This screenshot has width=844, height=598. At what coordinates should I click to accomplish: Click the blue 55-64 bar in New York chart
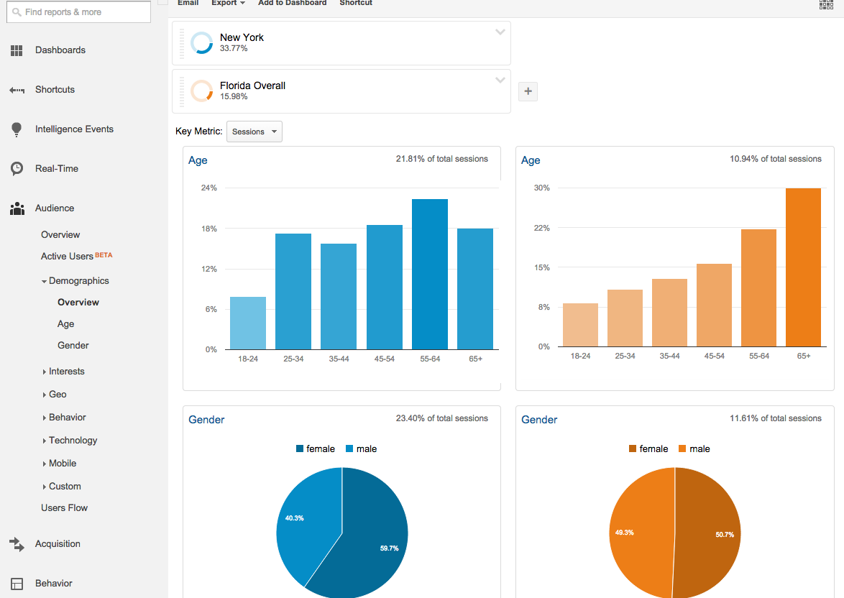tap(429, 274)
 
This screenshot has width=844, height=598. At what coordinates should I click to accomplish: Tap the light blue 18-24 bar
tap(248, 323)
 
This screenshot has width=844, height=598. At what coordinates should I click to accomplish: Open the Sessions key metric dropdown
tap(254, 132)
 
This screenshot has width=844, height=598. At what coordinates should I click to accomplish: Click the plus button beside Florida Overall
tap(528, 91)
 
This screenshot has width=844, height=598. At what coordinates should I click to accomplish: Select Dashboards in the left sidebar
tap(60, 50)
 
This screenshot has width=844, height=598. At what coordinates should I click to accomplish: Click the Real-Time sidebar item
tap(57, 169)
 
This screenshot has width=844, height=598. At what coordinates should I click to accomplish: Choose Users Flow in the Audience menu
tap(64, 507)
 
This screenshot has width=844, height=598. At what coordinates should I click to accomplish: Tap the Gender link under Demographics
tap(73, 346)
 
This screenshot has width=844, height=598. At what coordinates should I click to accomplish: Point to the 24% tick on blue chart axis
tap(209, 188)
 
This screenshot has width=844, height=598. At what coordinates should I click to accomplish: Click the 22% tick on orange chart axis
tap(541, 228)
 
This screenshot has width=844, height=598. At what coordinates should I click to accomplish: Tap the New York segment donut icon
tap(201, 43)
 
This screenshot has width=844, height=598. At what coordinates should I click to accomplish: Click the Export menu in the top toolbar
tap(228, 4)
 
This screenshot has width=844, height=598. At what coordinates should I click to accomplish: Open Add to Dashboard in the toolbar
tap(292, 4)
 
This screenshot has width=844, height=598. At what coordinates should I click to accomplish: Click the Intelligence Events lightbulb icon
tap(17, 129)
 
